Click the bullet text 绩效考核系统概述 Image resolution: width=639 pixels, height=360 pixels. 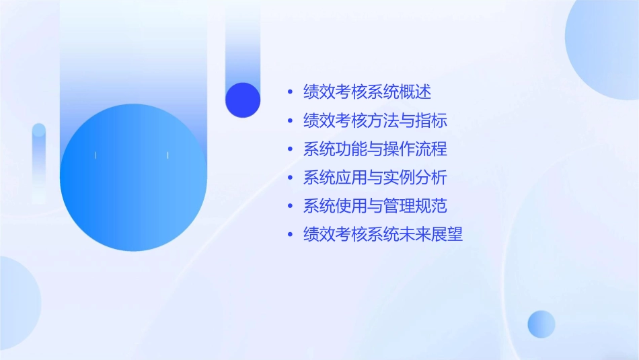(367, 92)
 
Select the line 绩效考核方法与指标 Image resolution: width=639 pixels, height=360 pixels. (375, 120)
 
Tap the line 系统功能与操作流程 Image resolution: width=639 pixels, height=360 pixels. (375, 149)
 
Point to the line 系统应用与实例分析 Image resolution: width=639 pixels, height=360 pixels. (375, 178)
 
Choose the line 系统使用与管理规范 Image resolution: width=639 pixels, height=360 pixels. (375, 206)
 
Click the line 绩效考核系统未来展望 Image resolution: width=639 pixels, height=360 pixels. (383, 234)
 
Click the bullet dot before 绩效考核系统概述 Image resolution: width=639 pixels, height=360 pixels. (290, 92)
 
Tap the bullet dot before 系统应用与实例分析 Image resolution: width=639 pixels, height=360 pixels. (290, 178)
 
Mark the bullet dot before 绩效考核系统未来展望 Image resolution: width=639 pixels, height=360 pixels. (290, 234)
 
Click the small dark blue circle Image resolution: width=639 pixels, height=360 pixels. (243, 100)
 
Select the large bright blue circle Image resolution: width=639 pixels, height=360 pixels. (133, 178)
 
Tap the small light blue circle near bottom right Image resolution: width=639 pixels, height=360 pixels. (541, 324)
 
